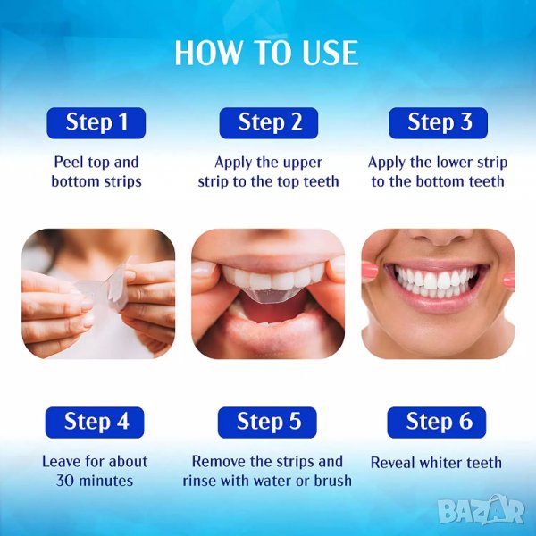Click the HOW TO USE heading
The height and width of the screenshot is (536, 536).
(266, 53)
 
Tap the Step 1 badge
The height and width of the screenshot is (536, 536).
(96, 123)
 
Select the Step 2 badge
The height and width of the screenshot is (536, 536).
(269, 123)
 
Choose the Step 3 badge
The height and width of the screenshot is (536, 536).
(439, 123)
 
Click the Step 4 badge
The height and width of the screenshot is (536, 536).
(95, 423)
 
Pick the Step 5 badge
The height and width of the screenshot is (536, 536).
(267, 423)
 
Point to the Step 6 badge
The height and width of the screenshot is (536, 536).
(437, 423)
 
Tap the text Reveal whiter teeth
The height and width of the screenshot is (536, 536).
(436, 463)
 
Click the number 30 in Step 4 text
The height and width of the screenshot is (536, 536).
(64, 481)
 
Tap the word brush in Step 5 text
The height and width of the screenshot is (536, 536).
(332, 481)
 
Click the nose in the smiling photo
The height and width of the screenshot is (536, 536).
(440, 237)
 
